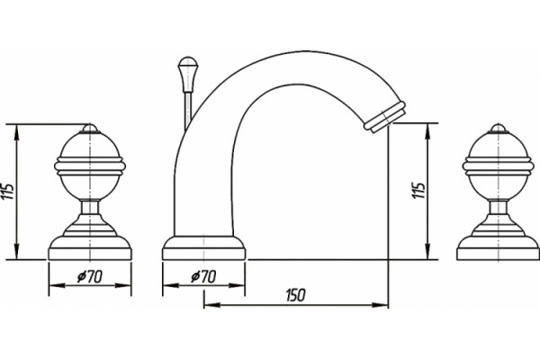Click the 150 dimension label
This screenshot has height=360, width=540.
pyautogui.click(x=295, y=295)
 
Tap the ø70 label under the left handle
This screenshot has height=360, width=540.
pyautogui.click(x=90, y=276)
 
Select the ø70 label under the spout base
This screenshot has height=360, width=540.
pyautogui.click(x=204, y=276)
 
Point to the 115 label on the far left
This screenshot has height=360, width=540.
pyautogui.click(x=7, y=191)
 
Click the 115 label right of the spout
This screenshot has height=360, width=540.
pyautogui.click(x=418, y=190)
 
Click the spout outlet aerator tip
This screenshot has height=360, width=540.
pyautogui.click(x=385, y=116)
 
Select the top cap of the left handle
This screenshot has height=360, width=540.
pyautogui.click(x=90, y=129)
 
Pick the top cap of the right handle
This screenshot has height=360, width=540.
pyautogui.click(x=498, y=129)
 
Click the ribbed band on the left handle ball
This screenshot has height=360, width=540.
pyautogui.click(x=90, y=165)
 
